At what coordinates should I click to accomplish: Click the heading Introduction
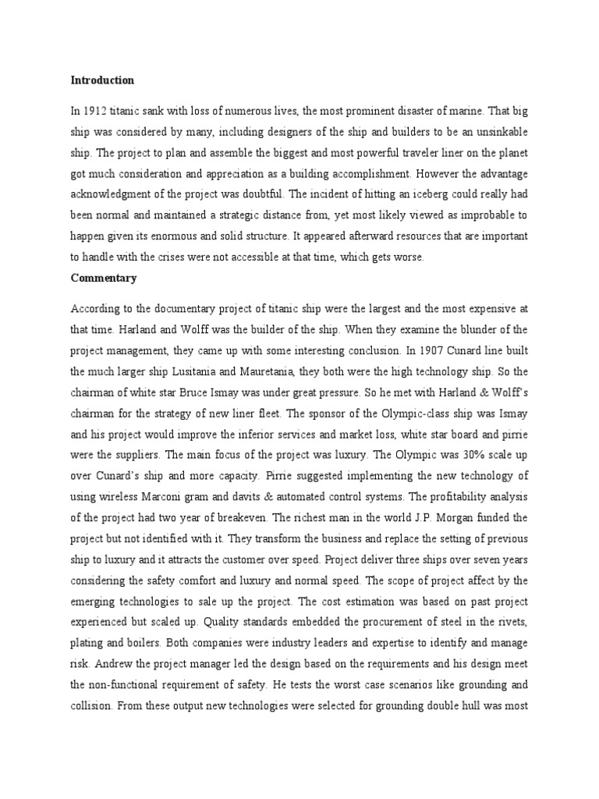coord(102,80)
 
